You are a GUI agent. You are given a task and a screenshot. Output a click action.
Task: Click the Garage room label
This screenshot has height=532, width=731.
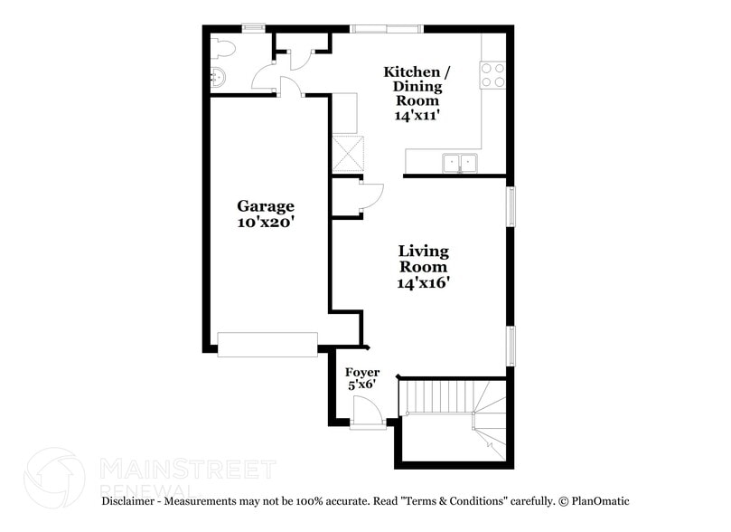[x=266, y=206]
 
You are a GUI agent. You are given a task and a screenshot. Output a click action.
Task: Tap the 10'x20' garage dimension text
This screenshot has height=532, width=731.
[x=266, y=223]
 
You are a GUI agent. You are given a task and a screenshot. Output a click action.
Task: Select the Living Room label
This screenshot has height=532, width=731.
[x=424, y=259]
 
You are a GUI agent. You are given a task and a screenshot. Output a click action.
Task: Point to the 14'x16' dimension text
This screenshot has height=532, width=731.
[x=424, y=282]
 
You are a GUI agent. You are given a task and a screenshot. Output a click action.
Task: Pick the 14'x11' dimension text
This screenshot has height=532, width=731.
[x=417, y=116]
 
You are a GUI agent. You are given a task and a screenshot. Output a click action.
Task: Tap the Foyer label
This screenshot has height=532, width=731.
[x=362, y=373]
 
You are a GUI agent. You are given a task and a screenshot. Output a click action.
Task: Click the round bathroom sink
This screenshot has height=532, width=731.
[x=218, y=78]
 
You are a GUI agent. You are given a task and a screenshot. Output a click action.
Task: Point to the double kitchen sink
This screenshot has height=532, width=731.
[x=459, y=163]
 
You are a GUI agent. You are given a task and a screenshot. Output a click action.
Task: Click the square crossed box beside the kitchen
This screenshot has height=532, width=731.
[x=348, y=154]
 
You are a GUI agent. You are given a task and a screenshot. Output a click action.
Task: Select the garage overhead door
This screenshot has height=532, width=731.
[x=267, y=344]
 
